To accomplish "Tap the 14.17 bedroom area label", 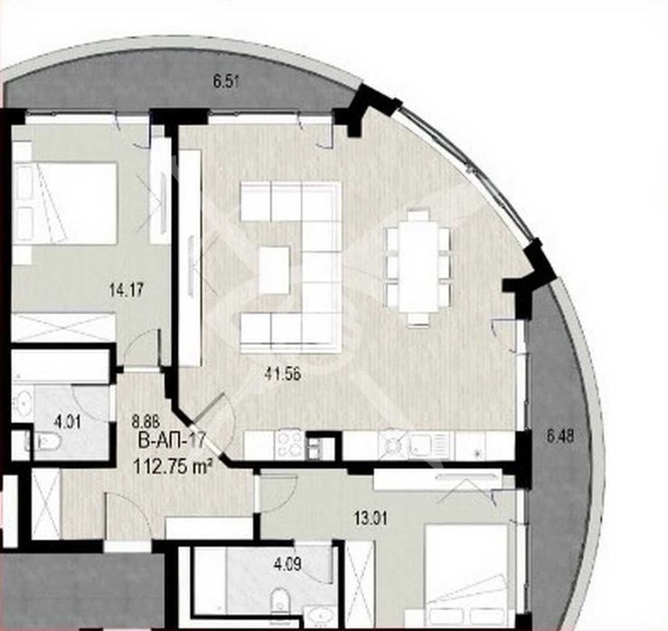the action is click(127, 291).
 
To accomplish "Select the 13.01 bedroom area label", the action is click(372, 519).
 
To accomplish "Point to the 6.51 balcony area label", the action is click(225, 81).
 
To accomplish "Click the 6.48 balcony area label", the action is click(560, 437).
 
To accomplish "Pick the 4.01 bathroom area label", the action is click(67, 423).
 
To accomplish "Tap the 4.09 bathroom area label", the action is click(288, 564).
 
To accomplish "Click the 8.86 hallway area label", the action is click(146, 422).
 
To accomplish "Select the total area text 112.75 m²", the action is click(173, 468).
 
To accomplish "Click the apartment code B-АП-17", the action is click(173, 440).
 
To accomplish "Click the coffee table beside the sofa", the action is click(275, 270).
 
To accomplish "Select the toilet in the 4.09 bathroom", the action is click(280, 600).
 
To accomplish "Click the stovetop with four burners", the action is click(289, 445).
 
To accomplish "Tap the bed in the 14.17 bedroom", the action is click(64, 203).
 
